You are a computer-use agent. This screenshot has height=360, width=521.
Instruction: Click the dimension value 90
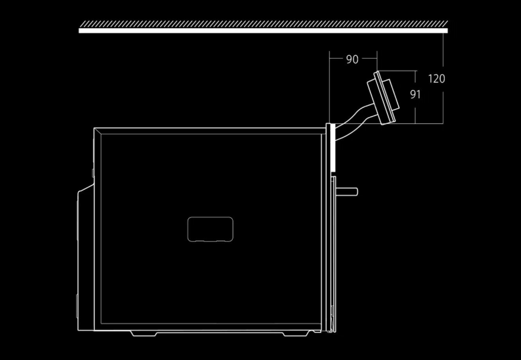(x=352, y=59)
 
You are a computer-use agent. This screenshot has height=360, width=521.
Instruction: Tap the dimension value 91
(x=415, y=95)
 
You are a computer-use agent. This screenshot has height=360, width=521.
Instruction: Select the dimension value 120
(x=437, y=79)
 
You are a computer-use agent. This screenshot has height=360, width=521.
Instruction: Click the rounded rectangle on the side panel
(x=210, y=229)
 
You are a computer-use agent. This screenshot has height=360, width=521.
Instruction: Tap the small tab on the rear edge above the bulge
(x=93, y=172)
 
